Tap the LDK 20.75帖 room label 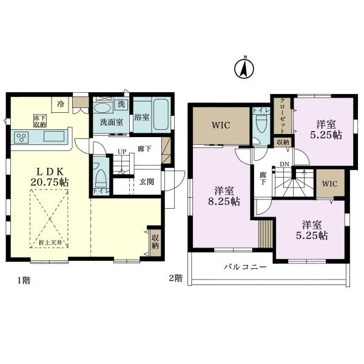point(50,177)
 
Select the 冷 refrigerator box point(60,105)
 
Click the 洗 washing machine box point(121,104)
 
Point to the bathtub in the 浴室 point(161,115)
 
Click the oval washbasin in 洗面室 point(103,108)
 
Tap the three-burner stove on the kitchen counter point(21,137)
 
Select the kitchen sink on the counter point(54,136)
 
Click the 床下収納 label point(40,121)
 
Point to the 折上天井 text point(50,243)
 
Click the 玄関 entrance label point(146,181)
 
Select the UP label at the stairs point(122,152)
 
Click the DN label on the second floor point(285,164)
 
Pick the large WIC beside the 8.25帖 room point(221,126)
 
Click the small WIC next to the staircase point(331,183)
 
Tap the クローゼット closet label point(283,116)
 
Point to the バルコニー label point(245,267)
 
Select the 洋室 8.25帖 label point(224,196)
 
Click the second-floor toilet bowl point(261,124)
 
